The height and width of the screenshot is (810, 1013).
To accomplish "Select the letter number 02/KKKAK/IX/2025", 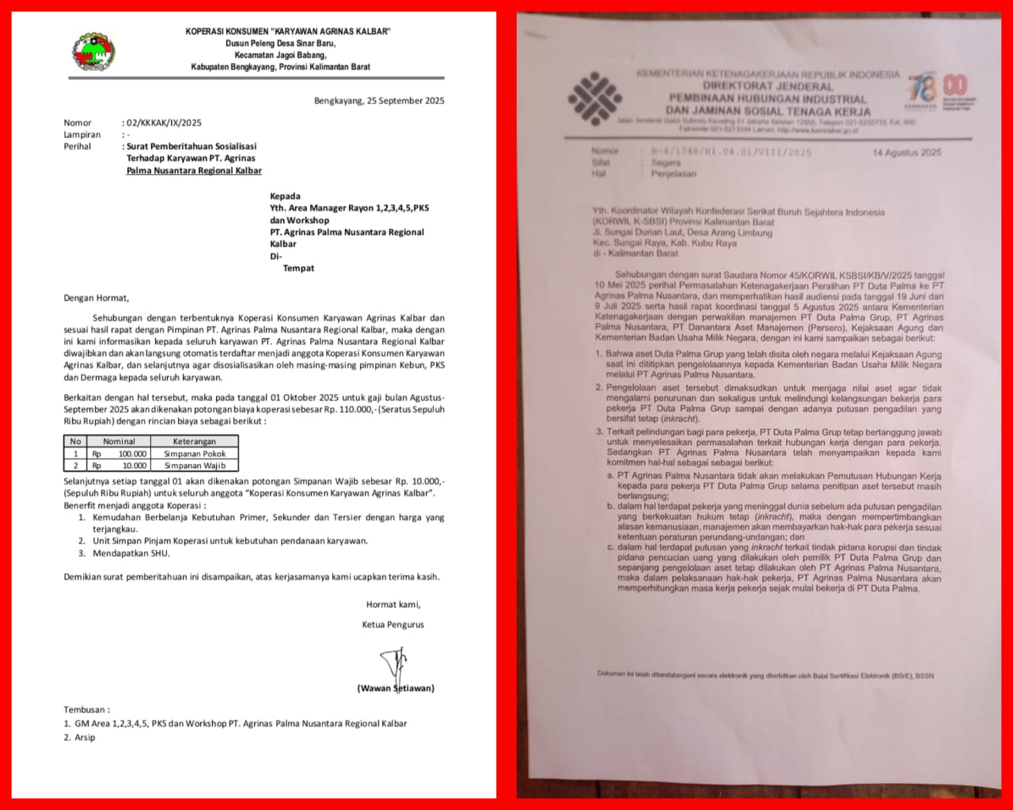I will pos(164,123).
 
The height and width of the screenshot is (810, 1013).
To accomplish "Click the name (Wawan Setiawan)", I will pos(395,688).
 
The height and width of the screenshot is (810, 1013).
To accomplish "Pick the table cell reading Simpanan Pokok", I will pos(195,454).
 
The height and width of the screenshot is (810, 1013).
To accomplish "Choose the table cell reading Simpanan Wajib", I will pos(195,466).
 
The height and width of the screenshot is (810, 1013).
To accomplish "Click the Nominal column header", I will pos(119,442).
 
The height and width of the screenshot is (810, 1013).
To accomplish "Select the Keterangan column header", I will pos(195,442).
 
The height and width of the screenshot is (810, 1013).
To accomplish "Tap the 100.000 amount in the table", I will pos(132,454).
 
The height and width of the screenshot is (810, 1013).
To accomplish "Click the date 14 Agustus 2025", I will pos(907,153).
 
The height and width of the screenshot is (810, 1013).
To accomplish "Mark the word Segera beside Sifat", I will pos(666,162).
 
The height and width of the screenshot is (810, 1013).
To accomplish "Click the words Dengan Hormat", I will pos(96,299).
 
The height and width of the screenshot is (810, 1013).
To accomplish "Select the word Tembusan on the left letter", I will pos(86,710).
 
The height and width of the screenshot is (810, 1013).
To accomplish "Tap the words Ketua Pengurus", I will pos(393,625).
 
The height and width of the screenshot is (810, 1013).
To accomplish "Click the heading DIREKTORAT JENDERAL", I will pos(768,86).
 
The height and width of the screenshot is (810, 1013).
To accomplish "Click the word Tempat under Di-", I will pos(298,268).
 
